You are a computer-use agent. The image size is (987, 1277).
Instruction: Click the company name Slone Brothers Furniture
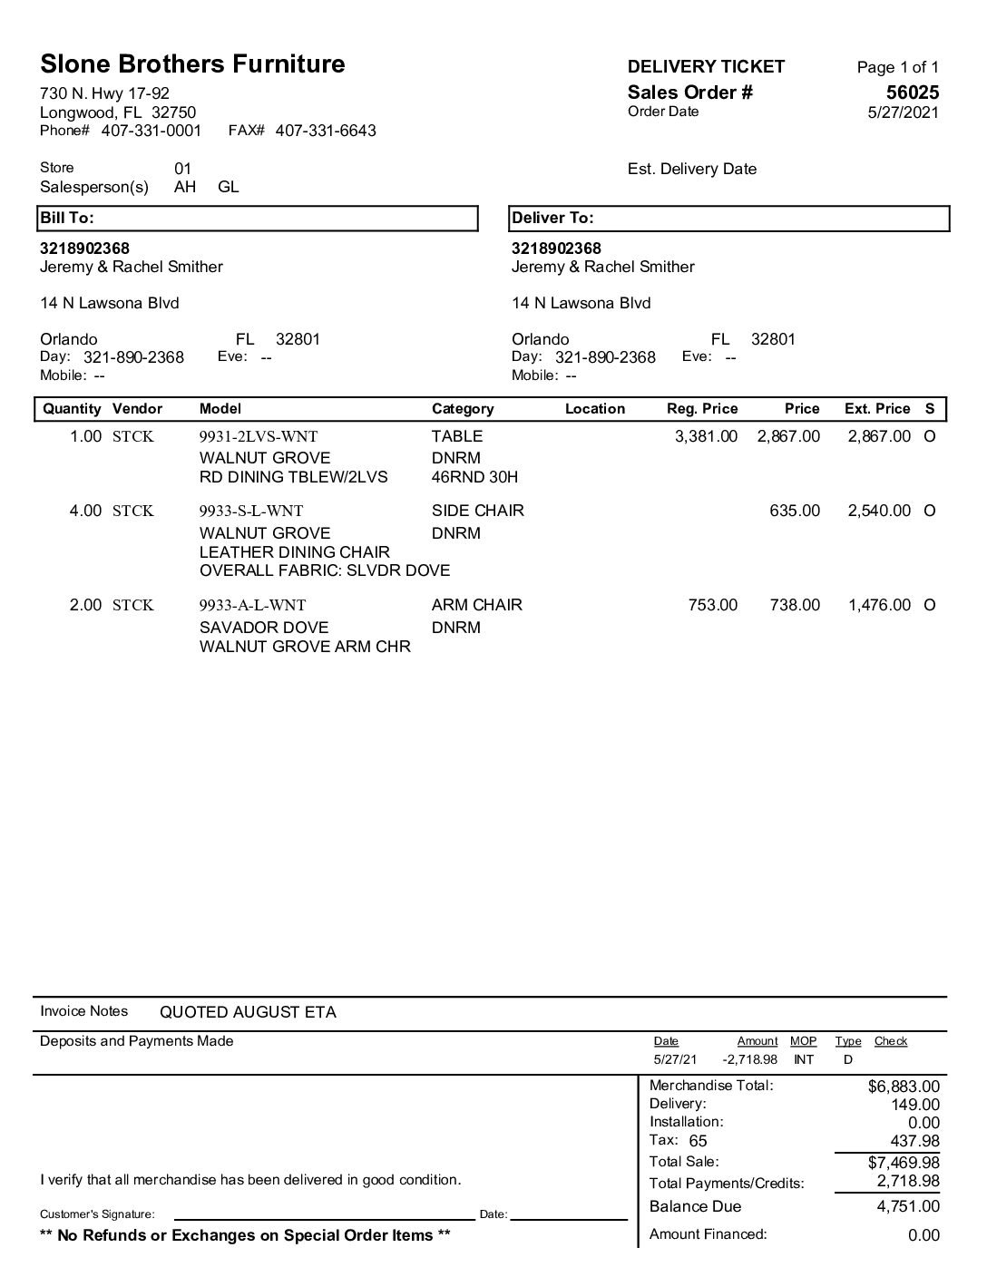(x=192, y=64)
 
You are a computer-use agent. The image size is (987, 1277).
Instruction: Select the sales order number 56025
(x=913, y=93)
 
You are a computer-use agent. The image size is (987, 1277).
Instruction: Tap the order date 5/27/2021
(x=904, y=112)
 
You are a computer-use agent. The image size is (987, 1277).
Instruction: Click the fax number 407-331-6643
(x=326, y=131)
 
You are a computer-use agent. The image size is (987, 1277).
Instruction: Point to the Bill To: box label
(x=67, y=219)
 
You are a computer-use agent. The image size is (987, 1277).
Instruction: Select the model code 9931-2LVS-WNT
(x=259, y=437)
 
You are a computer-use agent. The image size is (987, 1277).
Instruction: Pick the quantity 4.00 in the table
(x=86, y=512)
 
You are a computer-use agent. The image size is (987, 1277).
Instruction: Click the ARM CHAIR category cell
(x=477, y=605)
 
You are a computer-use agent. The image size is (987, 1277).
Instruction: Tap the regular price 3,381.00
(x=706, y=437)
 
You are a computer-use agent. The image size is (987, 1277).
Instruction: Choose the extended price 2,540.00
(x=879, y=512)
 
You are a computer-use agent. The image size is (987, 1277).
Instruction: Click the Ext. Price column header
(x=877, y=409)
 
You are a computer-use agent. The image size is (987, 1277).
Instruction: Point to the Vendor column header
(x=137, y=409)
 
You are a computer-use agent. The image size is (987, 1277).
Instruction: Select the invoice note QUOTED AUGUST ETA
(x=248, y=1013)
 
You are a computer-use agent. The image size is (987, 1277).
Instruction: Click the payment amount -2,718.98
(x=750, y=1060)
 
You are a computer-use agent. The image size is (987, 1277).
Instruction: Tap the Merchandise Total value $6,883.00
(x=904, y=1087)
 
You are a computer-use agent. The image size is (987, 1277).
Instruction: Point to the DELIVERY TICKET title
(x=707, y=66)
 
